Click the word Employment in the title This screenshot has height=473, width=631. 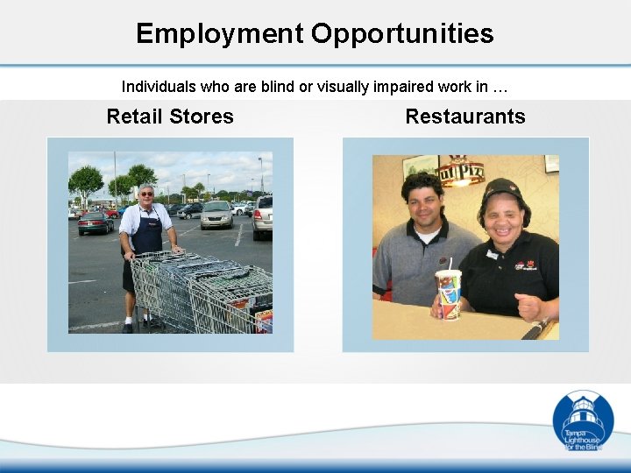pyautogui.click(x=218, y=33)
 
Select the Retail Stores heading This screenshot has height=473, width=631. pyautogui.click(x=170, y=116)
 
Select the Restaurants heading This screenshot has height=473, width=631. pyautogui.click(x=465, y=116)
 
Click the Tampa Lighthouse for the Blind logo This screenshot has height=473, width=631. pyautogui.click(x=583, y=420)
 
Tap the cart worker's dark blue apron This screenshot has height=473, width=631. pyautogui.click(x=146, y=233)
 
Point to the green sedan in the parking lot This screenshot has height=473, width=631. pyautogui.click(x=96, y=223)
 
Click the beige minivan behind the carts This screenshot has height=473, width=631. pyautogui.click(x=216, y=215)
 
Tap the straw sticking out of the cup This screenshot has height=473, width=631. pyautogui.click(x=450, y=264)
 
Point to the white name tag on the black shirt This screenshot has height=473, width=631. pyautogui.click(x=493, y=255)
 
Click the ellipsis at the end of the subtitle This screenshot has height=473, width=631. pyautogui.click(x=500, y=88)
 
